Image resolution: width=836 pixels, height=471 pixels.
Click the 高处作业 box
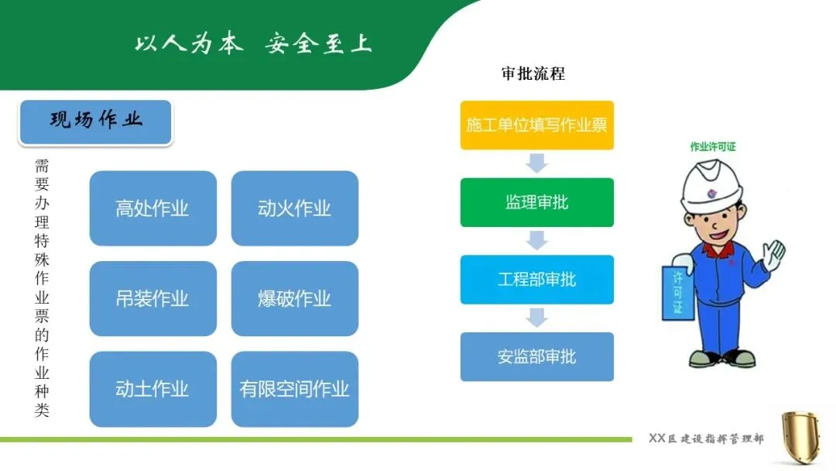(152, 208)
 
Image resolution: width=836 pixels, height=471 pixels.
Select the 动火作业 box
(294, 208)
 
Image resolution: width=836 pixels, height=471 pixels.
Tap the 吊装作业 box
(152, 298)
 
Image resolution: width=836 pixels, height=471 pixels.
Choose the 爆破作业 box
(294, 298)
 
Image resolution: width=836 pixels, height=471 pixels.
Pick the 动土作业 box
(152, 389)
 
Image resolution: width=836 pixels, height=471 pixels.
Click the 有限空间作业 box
(294, 389)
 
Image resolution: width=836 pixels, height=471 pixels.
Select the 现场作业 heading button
(96, 121)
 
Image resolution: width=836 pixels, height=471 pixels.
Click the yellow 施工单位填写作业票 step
(536, 125)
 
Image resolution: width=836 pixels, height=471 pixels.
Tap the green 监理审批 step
(536, 202)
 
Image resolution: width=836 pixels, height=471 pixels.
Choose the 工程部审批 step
(536, 279)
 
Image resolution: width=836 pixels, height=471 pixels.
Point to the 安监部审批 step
(536, 356)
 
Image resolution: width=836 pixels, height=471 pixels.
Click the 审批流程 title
(533, 74)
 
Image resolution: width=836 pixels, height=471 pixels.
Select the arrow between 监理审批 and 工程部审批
(536, 240)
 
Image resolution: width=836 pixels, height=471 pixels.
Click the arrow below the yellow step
(536, 163)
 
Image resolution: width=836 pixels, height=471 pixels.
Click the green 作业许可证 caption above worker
(713, 146)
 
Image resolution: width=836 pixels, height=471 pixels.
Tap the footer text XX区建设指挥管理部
(705, 439)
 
